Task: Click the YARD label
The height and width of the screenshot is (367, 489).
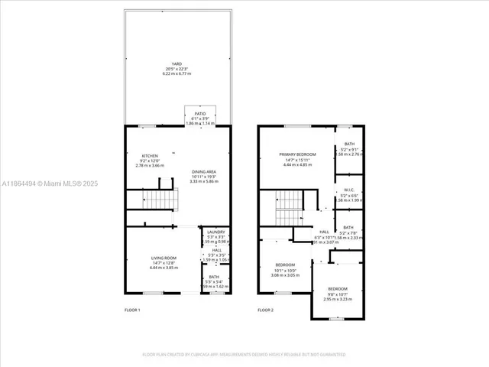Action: pos(176,64)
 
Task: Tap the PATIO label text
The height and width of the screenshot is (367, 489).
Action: pos(199,113)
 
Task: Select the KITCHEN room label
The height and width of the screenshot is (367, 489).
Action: pos(150,156)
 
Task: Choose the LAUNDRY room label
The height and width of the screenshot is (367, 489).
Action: pos(215,232)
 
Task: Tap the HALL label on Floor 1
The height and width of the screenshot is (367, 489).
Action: pos(216,250)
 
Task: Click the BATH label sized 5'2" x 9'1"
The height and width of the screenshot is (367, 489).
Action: pos(348,145)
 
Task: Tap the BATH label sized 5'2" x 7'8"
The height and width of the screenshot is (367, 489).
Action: pos(348,227)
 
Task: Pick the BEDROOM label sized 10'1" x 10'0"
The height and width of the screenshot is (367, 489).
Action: pos(285,265)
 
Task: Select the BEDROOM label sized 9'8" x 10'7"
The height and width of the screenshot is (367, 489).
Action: pos(338,289)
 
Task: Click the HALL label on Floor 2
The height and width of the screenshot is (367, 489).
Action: pos(323,232)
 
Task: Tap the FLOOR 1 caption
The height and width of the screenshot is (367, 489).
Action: pos(133,310)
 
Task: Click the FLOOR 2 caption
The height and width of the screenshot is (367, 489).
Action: pos(265,310)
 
